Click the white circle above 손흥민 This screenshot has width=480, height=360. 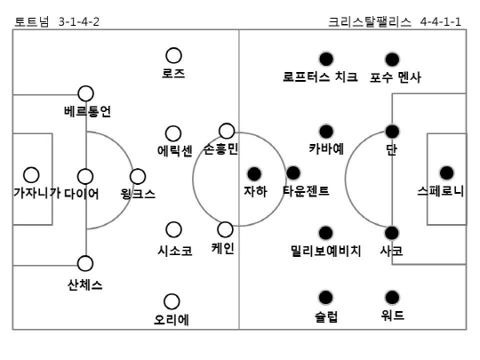click(x=227, y=131)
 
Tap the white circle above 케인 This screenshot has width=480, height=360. click(x=225, y=229)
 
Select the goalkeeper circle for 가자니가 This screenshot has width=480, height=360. click(x=31, y=175)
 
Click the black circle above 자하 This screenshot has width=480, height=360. click(x=254, y=174)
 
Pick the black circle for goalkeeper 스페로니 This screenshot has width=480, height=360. click(x=446, y=173)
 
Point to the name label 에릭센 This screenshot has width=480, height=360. click(x=175, y=150)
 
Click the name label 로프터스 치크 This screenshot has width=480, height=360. click(x=320, y=76)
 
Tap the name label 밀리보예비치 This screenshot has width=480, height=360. click(x=326, y=251)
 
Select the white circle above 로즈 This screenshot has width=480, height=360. click(x=173, y=56)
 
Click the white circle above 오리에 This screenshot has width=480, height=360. click(x=172, y=301)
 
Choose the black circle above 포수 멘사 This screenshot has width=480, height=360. click(x=392, y=60)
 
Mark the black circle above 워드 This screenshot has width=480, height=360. click(x=392, y=297)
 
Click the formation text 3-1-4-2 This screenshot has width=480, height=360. click(x=79, y=22)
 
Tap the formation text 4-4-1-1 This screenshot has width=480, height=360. click(x=440, y=22)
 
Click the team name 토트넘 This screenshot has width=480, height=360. click(x=32, y=22)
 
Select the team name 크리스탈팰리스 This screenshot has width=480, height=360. click(x=370, y=22)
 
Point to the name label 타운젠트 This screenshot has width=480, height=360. click(x=306, y=191)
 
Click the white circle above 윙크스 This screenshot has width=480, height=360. click(x=138, y=176)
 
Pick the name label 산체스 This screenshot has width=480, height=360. click(x=84, y=285)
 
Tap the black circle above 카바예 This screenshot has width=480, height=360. click(x=326, y=132)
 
